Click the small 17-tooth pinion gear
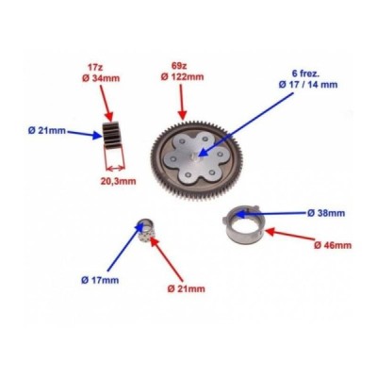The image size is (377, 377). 111,135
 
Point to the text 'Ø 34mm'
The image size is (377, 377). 101,78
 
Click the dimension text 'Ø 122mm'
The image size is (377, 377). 182,76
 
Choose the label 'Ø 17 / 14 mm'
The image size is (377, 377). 308,85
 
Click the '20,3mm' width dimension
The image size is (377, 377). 118,181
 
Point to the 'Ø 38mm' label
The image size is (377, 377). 326,213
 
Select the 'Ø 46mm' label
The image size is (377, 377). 333,245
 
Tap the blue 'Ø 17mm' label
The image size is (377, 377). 100,280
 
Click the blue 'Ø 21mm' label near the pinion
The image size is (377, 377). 47,131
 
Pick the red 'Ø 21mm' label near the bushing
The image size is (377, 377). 187,288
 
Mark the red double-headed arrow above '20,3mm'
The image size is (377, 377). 116,169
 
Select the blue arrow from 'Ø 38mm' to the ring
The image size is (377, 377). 270,214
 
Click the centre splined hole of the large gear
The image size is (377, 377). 194,155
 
